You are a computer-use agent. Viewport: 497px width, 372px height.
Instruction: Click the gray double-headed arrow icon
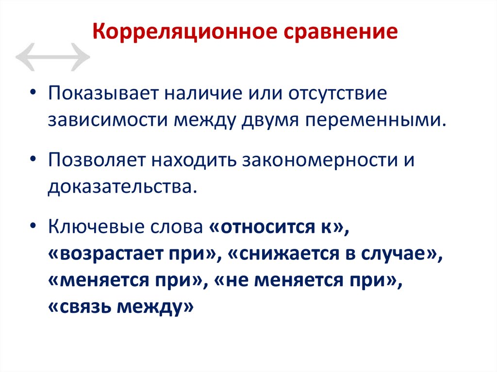[x=52, y=57]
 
